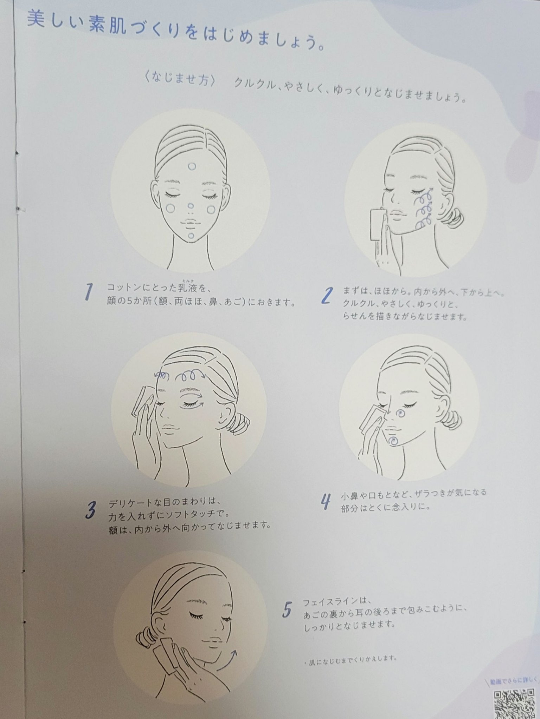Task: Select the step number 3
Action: coord(91,510)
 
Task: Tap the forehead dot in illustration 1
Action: coord(192,166)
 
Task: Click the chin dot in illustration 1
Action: coord(191,236)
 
